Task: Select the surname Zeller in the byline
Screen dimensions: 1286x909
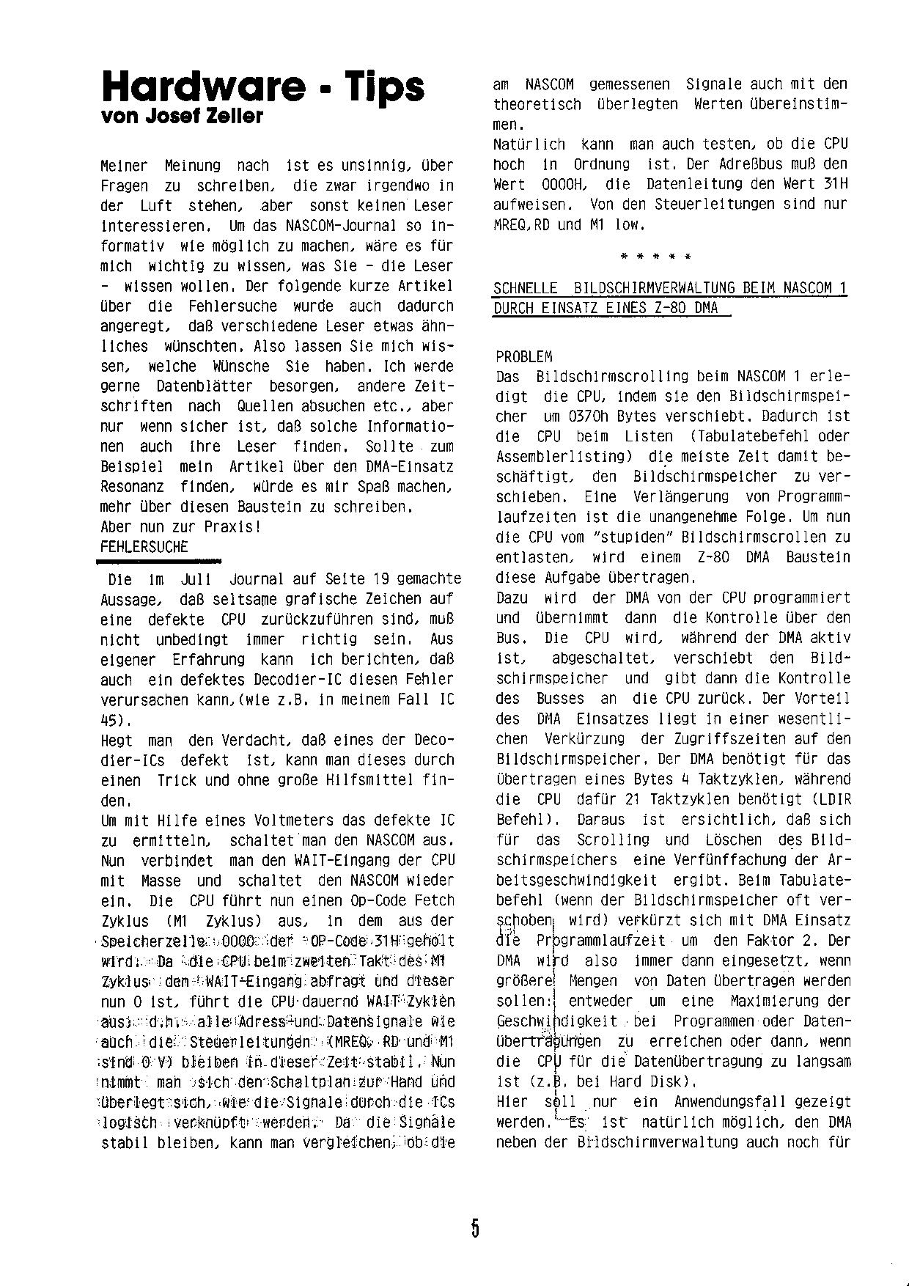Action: [x=235, y=117]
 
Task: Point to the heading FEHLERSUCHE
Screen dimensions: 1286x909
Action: [x=144, y=547]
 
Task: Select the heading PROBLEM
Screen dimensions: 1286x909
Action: [x=524, y=357]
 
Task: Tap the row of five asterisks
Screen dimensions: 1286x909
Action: [x=653, y=257]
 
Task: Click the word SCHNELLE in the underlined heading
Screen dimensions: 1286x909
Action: [x=526, y=288]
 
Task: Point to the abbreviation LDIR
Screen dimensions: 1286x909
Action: [x=831, y=800]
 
